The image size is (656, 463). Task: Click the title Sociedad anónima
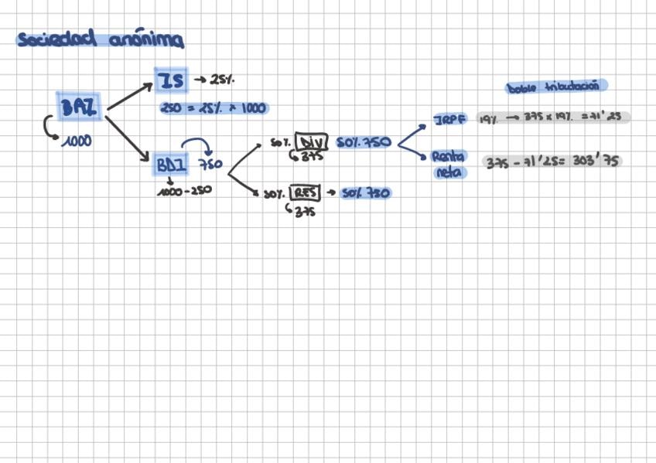point(100,39)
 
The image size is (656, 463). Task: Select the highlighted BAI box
point(79,107)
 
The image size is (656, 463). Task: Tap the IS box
point(170,80)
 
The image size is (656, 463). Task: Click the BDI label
point(171,165)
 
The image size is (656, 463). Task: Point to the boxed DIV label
point(312,143)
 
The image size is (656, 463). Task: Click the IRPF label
point(451,121)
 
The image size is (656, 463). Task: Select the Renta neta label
point(449,164)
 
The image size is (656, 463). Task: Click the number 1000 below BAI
point(77,141)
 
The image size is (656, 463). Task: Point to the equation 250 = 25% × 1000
point(214,109)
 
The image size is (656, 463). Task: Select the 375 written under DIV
point(310,157)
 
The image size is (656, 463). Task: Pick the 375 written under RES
point(304,212)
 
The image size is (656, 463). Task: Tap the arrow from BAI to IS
point(129,97)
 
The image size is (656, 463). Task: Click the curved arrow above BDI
point(196,145)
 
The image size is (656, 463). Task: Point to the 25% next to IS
point(222,80)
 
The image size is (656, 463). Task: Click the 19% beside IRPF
point(487,118)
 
